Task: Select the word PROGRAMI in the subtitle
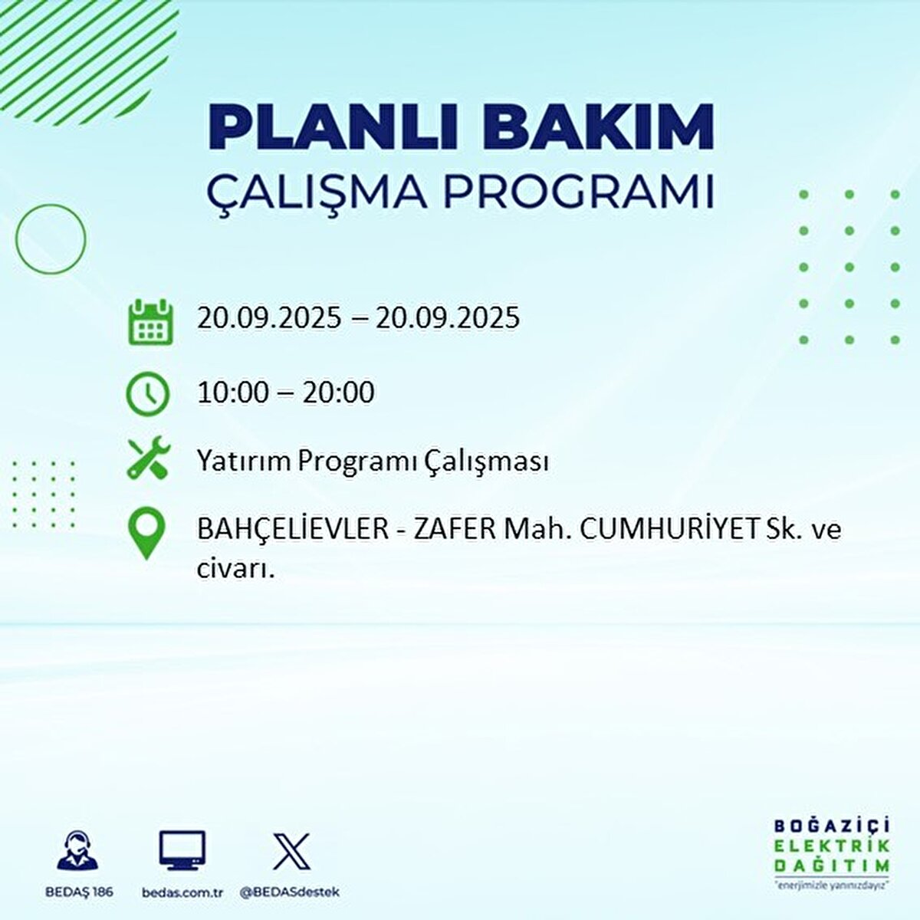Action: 580,192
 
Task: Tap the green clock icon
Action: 148,393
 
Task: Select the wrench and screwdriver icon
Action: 148,458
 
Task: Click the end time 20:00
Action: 338,393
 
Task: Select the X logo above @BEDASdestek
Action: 291,851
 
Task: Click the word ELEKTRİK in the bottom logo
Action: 833,846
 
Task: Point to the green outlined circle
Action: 51,239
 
